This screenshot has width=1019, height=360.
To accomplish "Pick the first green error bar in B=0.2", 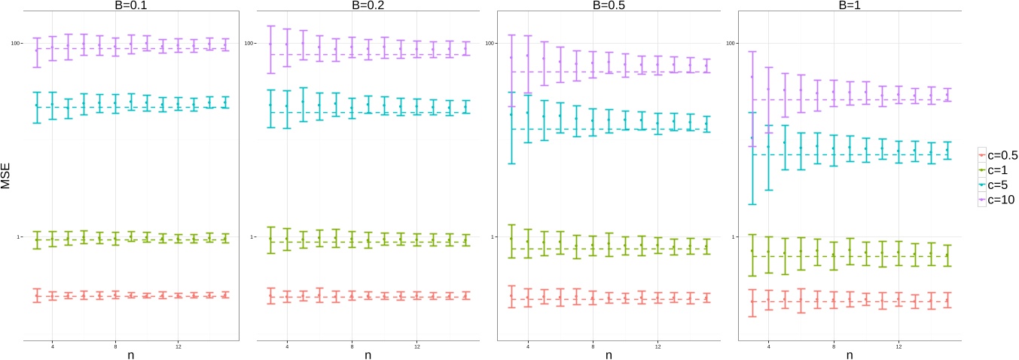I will pos(270,239).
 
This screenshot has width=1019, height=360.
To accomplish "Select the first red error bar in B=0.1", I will pos(36,295).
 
